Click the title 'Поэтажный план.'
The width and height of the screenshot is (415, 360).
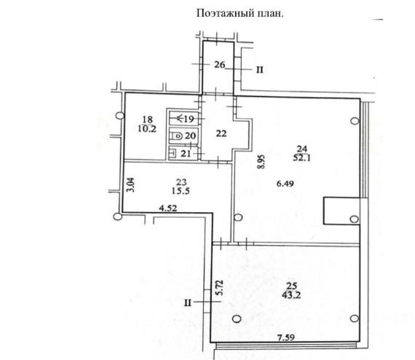(240, 13)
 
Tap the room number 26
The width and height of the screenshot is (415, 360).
(219, 64)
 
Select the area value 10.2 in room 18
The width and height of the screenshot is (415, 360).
(147, 129)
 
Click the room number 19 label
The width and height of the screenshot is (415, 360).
(189, 119)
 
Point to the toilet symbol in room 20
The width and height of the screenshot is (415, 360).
(177, 136)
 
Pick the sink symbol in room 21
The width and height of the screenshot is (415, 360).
(173, 153)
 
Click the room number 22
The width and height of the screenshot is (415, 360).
(221, 133)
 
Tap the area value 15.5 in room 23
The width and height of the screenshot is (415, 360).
(181, 191)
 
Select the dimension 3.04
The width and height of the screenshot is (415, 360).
(131, 184)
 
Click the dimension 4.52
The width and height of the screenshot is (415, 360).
(168, 208)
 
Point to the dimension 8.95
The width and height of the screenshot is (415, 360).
(261, 162)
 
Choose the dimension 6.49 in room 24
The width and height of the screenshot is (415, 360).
(285, 184)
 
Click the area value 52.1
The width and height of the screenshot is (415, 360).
(302, 158)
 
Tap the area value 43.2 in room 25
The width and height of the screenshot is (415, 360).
(291, 295)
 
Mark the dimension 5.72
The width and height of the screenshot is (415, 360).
(220, 288)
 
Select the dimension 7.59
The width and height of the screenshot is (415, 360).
(286, 337)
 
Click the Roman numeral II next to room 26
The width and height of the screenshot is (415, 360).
(260, 70)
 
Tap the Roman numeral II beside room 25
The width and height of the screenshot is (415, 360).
(188, 302)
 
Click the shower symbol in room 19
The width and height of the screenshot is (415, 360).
(180, 118)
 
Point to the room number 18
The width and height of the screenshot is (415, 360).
(147, 120)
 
